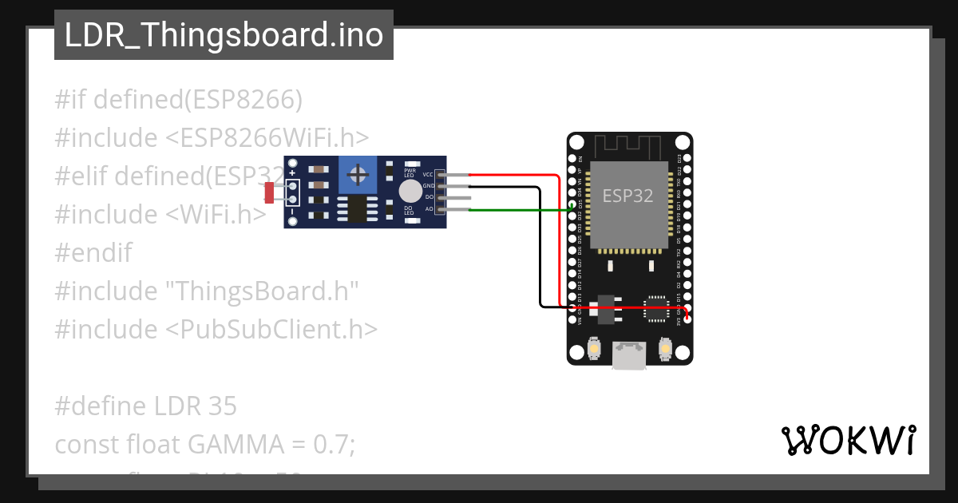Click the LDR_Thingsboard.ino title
coord(224,35)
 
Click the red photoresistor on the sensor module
coord(269,192)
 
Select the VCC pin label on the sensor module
coord(428,174)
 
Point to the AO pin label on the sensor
coord(429,208)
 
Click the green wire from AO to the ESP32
coord(519,210)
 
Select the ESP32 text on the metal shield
coord(627,196)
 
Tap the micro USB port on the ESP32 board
coord(629,355)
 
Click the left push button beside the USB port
coord(593,349)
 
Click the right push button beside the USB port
coord(665,349)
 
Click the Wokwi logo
coord(848,440)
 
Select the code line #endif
coord(93,253)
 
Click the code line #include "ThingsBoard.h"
coord(206,291)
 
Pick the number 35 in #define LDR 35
coord(223,406)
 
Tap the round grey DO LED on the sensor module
coord(410,191)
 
